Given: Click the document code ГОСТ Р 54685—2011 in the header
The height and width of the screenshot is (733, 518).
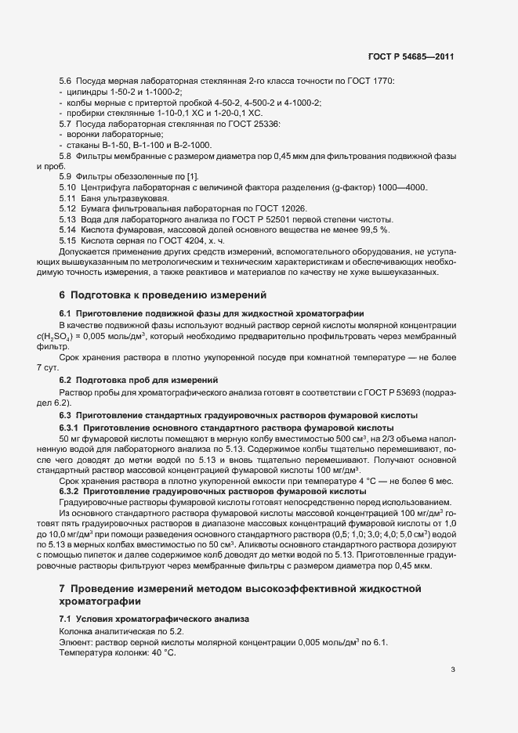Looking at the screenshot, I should coord(411,56).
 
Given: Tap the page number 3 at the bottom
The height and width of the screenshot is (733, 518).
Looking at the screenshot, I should coord(453,670).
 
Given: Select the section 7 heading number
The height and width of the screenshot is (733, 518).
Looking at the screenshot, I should coord(63,587).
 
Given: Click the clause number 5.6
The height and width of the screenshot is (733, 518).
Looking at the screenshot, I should coord(66,82).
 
